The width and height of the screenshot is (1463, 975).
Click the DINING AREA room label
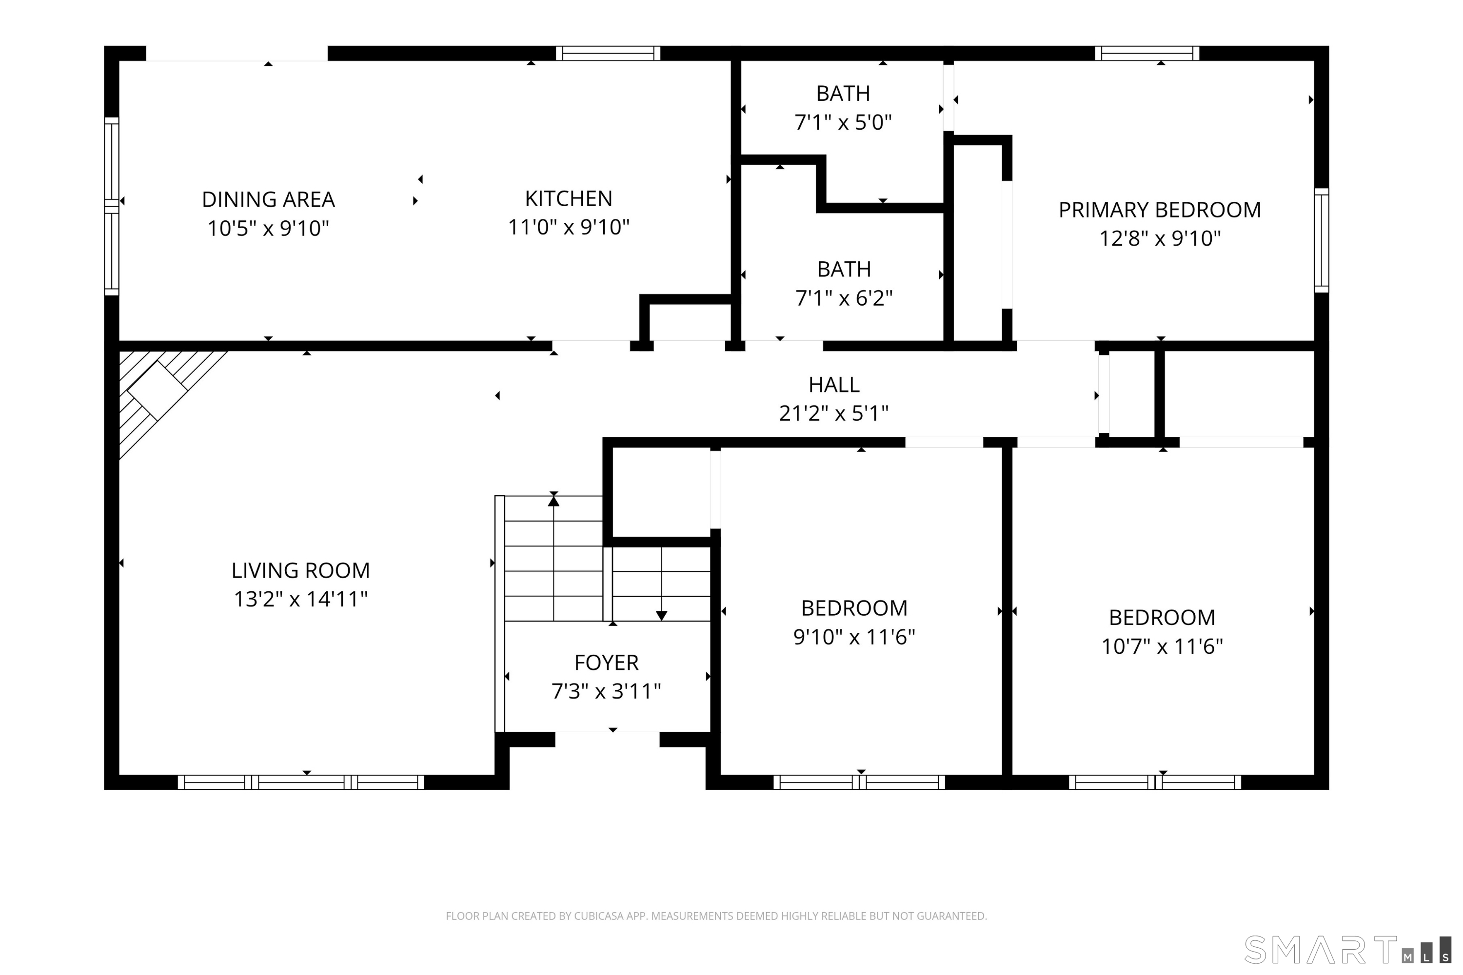pos(268,199)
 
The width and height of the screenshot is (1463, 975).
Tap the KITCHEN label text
pos(568,198)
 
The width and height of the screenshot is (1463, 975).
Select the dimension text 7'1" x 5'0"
pos(843,122)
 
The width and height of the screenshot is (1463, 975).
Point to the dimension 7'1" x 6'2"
pos(844,298)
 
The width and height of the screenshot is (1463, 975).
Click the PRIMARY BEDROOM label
pos(1160,210)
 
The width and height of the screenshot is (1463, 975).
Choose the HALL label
pos(833,385)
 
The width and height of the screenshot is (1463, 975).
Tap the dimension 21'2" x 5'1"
pos(833,413)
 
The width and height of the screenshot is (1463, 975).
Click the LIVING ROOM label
pos(300,570)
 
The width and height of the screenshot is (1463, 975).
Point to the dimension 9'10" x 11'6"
pos(853,637)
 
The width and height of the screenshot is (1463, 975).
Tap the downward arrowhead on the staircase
pos(661,616)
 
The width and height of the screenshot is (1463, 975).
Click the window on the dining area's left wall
pos(111,206)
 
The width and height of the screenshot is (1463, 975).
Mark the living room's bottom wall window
pos(301,782)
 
